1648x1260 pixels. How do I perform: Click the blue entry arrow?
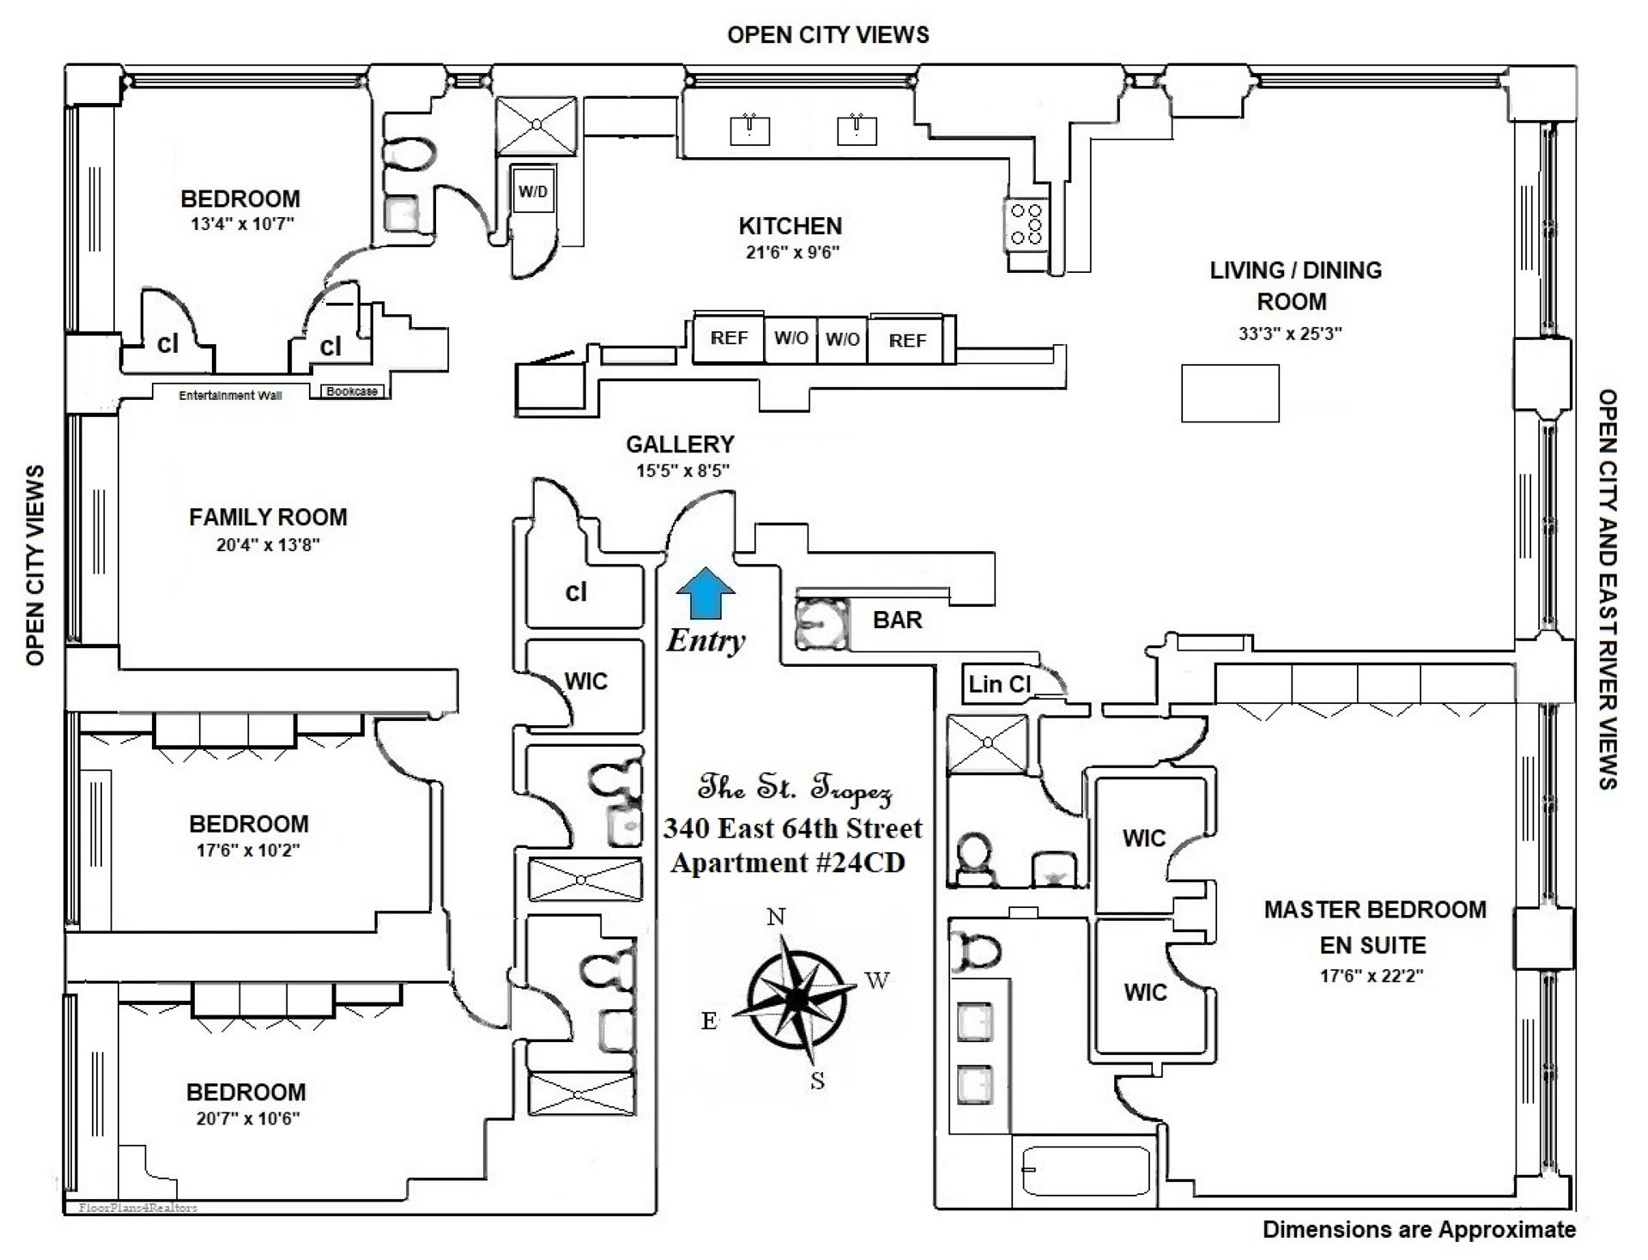click(706, 593)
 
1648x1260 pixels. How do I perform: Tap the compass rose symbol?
click(799, 998)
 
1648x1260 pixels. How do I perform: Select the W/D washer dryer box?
click(532, 191)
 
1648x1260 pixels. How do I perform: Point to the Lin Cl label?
click(998, 684)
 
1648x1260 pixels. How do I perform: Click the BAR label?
click(897, 620)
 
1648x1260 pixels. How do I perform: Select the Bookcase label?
click(352, 391)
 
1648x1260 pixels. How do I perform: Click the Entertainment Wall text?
click(230, 396)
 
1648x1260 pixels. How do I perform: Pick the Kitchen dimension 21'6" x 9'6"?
click(791, 252)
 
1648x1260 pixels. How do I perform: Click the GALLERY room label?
click(680, 445)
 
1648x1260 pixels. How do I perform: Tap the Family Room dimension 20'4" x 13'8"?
click(268, 544)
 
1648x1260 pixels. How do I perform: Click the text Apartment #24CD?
click(788, 863)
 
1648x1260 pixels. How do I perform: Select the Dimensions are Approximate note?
click(1419, 1230)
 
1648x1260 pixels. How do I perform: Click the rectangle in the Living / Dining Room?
click(1230, 393)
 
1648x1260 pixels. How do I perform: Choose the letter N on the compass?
click(776, 917)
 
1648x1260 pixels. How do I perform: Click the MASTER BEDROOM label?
click(1375, 910)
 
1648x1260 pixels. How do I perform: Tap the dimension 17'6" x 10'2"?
click(248, 851)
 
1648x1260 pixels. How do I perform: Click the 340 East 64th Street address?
click(792, 828)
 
